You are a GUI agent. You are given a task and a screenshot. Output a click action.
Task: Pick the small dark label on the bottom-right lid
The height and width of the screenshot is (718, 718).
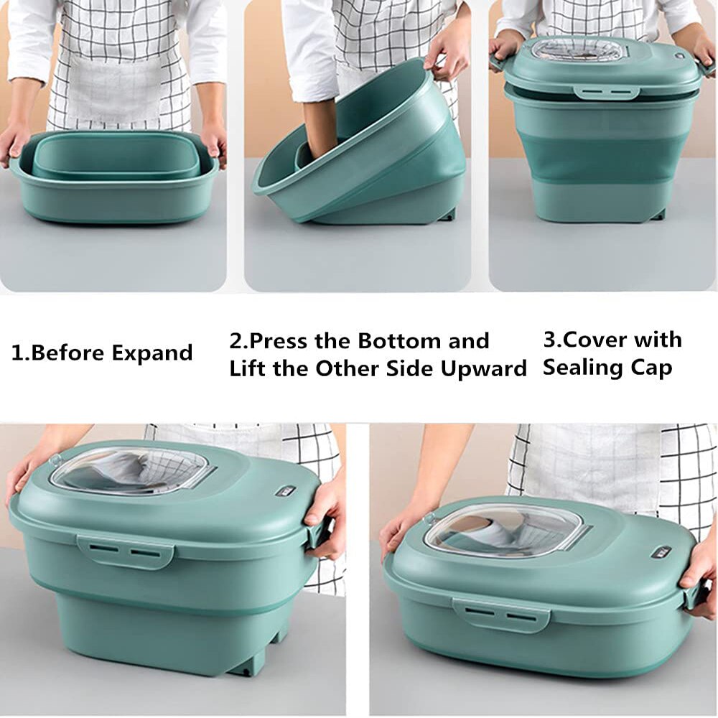(661, 551)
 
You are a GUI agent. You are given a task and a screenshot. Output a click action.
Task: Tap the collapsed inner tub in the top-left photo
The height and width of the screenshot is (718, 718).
(115, 158)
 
